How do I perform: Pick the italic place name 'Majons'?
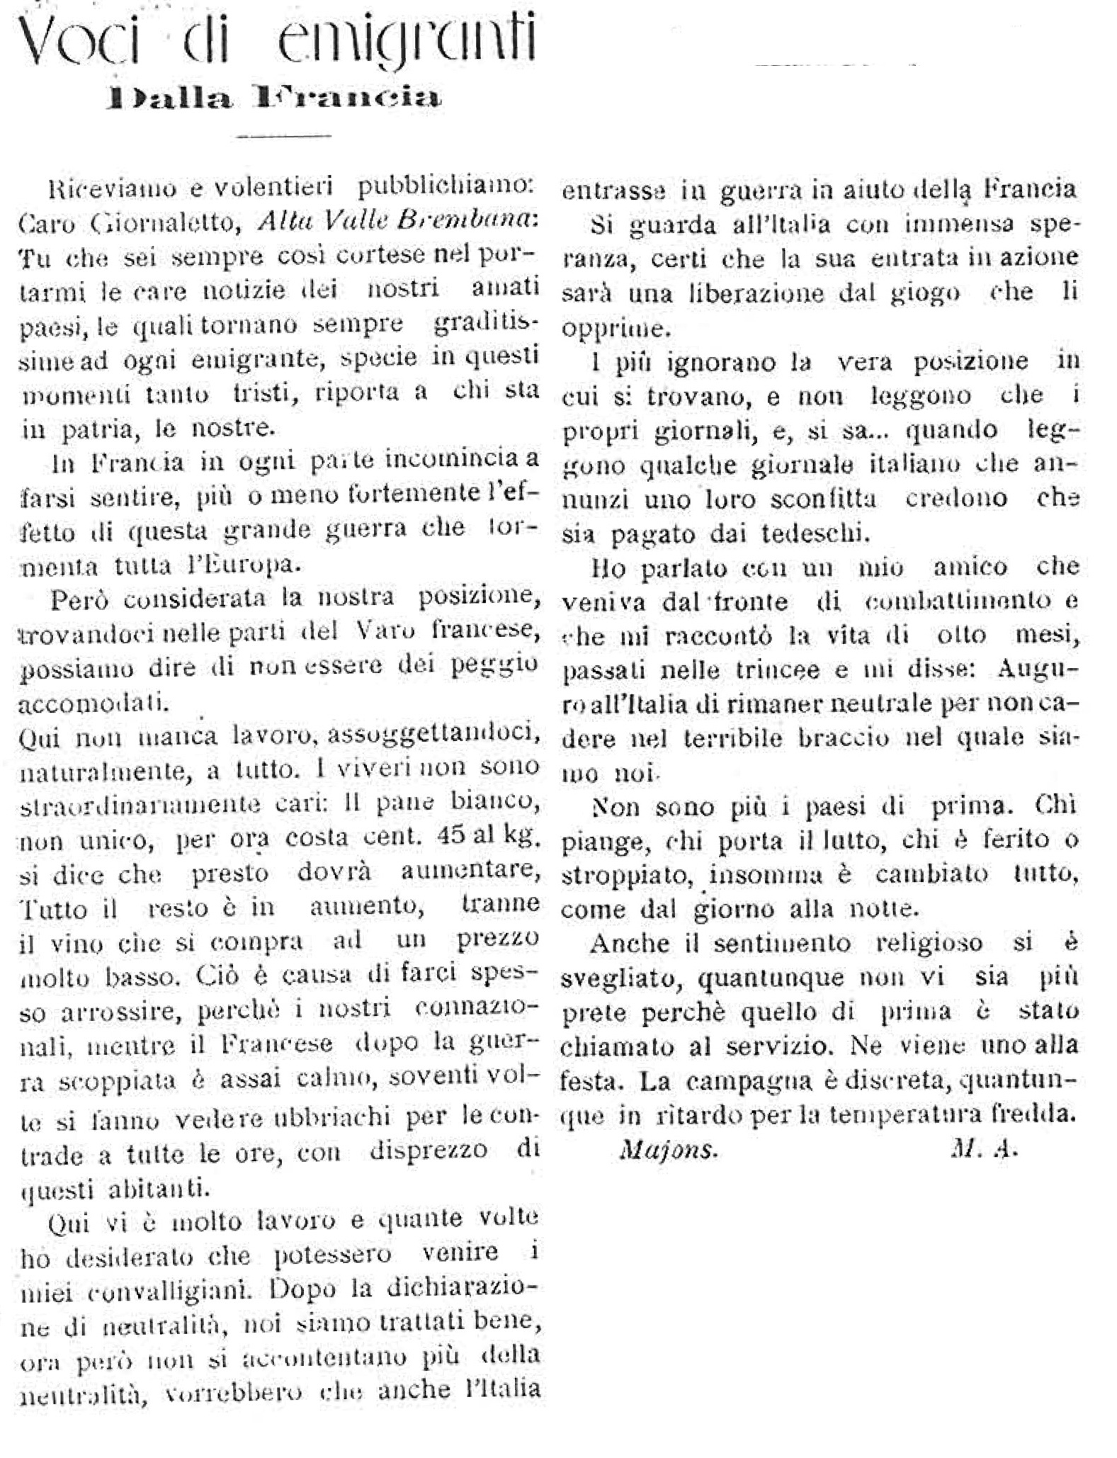coord(668,1149)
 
